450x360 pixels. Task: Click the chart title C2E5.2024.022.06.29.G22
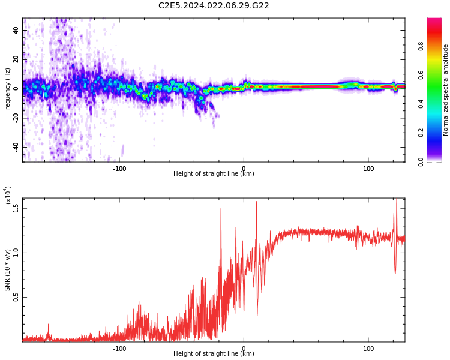214,5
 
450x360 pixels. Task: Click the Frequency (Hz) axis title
7,90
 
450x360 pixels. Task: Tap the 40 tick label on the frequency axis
16,30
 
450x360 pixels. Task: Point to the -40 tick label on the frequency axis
16,147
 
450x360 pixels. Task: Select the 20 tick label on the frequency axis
16,59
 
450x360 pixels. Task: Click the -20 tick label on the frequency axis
16,118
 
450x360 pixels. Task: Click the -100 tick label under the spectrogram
119,169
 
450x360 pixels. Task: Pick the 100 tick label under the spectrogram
368,169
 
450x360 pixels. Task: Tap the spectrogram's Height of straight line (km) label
214,173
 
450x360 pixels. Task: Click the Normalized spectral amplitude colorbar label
445,90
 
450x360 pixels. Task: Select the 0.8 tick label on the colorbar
421,46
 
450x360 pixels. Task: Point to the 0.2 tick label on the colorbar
421,133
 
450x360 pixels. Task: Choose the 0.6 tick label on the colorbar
421,75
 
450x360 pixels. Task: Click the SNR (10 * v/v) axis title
7,270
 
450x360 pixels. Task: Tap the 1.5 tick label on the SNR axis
16,208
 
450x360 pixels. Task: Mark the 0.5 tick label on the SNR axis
16,298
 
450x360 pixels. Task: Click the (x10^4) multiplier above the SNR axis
8,195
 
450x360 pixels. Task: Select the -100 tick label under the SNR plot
119,349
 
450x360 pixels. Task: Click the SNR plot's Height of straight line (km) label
214,353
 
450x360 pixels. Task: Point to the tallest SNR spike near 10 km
256,202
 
